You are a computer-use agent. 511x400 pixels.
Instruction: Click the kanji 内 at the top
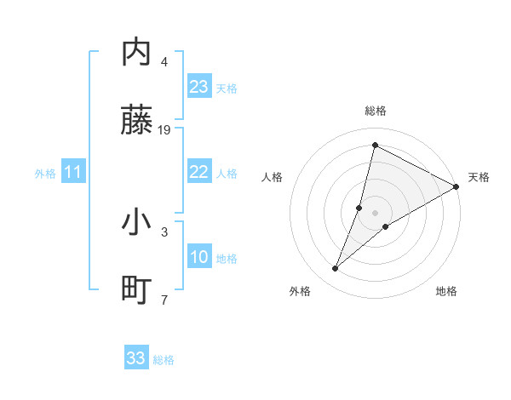click(137, 53)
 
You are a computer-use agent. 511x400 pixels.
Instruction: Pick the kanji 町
click(137, 292)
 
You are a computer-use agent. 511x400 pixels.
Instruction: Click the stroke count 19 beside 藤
click(164, 130)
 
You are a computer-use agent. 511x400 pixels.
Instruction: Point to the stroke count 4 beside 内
click(164, 61)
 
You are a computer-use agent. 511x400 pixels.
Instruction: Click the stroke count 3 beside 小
click(164, 231)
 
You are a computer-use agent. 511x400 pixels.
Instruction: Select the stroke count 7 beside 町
click(164, 300)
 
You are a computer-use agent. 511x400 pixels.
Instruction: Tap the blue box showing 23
click(198, 87)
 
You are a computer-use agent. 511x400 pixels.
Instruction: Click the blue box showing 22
click(198, 172)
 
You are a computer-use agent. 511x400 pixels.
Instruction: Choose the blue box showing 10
click(198, 257)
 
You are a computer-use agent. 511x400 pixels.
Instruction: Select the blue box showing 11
click(73, 173)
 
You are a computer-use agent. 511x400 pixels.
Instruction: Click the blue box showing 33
click(136, 358)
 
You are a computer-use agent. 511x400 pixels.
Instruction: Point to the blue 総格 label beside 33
click(164, 360)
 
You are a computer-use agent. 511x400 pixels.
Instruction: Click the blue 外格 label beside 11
click(45, 174)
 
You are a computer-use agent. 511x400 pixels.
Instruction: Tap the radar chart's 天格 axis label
click(479, 177)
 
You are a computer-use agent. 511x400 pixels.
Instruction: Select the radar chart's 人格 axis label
click(272, 177)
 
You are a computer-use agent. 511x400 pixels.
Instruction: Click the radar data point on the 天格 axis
click(456, 186)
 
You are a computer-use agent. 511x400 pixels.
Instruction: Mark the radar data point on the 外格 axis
click(335, 269)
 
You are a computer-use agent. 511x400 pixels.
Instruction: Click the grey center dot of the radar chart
click(375, 213)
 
